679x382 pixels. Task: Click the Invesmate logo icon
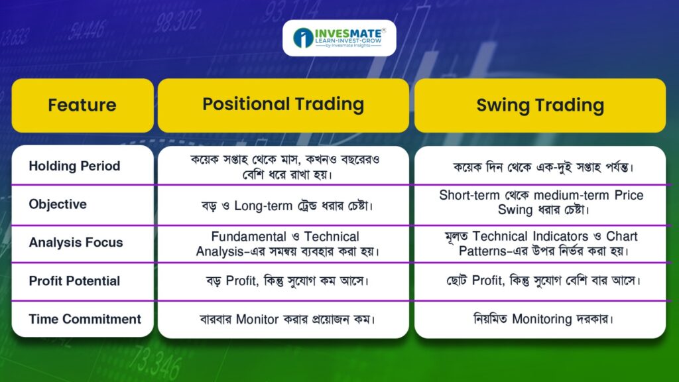(x=303, y=38)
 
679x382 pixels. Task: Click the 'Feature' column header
(x=82, y=105)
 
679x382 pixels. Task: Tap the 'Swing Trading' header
(x=540, y=105)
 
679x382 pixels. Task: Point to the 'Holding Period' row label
(x=74, y=166)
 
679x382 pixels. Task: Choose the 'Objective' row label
(x=58, y=204)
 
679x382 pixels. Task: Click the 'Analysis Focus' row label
(x=76, y=243)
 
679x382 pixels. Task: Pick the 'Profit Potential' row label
(x=74, y=281)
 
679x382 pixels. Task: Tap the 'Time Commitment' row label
(x=85, y=319)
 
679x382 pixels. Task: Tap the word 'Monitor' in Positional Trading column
(x=257, y=320)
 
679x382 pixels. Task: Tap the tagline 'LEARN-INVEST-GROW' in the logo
(x=348, y=40)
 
